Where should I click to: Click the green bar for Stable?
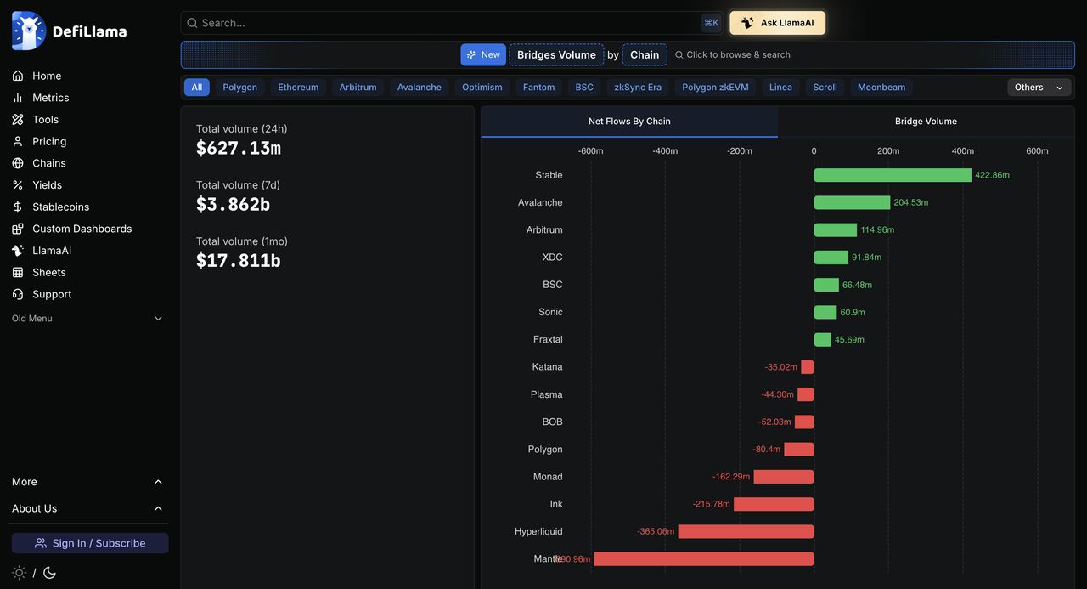[893, 175]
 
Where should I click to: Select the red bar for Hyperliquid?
[746, 532]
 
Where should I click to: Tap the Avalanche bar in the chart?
[852, 202]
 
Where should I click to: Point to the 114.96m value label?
[877, 229]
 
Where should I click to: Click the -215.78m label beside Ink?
[711, 504]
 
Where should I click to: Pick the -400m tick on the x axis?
[665, 151]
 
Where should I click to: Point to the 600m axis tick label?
[1037, 151]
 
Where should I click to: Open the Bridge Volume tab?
[926, 122]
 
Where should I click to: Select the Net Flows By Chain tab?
[629, 122]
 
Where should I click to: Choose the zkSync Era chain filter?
[638, 88]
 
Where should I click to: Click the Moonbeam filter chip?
[881, 88]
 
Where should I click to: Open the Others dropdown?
[1039, 88]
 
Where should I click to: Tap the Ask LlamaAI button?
[777, 23]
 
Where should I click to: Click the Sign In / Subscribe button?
[90, 543]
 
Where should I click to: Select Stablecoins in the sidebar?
[60, 207]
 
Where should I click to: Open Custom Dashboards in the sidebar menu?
[82, 229]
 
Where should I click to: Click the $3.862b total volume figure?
[233, 205]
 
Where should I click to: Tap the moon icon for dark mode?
[49, 573]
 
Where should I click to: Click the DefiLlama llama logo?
[29, 31]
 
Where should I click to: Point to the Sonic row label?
[550, 312]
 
